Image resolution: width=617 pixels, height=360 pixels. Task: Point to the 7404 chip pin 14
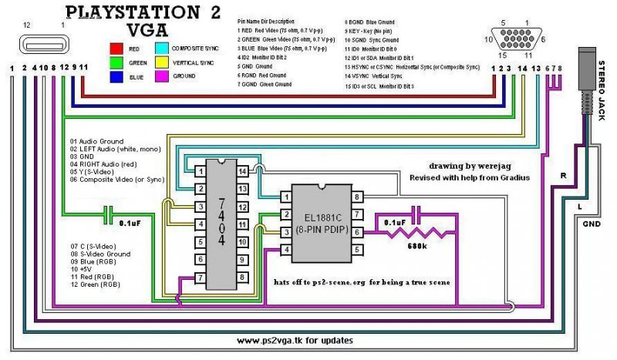(241, 170)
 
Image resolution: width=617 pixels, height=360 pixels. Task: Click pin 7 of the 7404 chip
(200, 278)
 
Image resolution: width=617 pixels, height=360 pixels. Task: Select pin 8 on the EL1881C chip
(357, 197)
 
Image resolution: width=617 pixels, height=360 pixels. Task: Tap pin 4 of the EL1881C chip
(286, 249)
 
